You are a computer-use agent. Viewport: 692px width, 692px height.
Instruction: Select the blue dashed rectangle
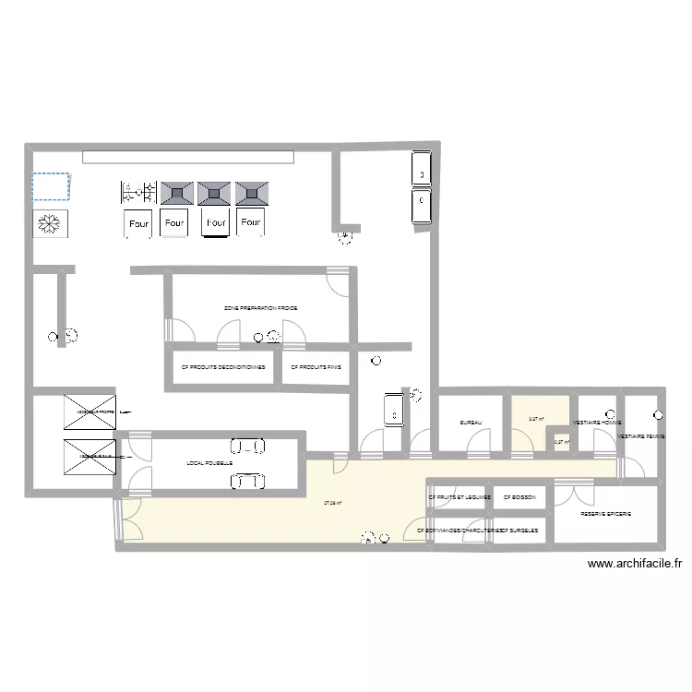[51, 186]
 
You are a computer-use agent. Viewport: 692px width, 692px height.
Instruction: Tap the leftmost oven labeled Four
[137, 223]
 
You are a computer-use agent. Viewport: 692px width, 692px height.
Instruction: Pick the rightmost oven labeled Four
[249, 222]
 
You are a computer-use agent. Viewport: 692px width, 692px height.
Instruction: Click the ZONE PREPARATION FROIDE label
[260, 307]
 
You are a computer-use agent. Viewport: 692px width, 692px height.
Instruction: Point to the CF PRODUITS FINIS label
[316, 366]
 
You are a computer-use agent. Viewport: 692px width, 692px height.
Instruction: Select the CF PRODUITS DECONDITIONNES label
[223, 366]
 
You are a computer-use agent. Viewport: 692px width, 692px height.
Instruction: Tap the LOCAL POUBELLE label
[209, 463]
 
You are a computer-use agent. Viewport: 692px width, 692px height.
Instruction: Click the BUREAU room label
[471, 423]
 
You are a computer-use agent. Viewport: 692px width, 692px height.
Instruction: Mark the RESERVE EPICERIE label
[605, 514]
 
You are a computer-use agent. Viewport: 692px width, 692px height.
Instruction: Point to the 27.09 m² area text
[333, 503]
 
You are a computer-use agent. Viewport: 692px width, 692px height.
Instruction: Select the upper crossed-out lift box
[90, 412]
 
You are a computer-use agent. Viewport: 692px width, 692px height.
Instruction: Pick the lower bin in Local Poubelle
[247, 481]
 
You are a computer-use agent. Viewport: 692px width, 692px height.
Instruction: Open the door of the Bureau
[479, 446]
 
